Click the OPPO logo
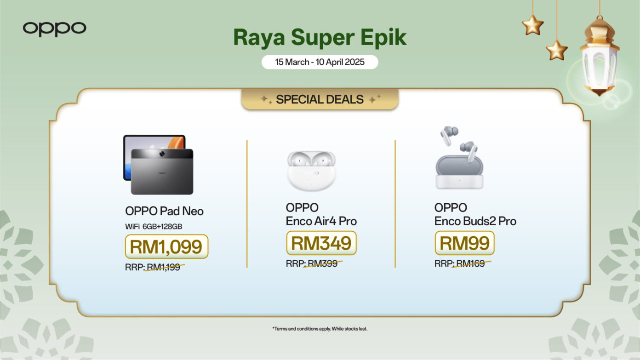click(x=54, y=29)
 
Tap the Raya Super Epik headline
click(x=320, y=38)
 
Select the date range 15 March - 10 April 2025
click(x=320, y=62)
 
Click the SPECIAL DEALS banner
click(x=320, y=99)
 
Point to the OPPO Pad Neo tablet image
click(x=159, y=165)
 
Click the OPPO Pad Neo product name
click(x=164, y=211)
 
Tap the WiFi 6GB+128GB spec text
click(x=154, y=226)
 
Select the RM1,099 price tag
click(x=166, y=246)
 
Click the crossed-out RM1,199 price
click(x=163, y=267)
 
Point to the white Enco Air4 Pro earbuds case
click(x=311, y=171)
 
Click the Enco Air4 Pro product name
click(x=321, y=214)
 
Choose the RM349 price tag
click(x=321, y=243)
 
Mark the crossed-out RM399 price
click(x=322, y=263)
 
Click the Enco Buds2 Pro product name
click(x=475, y=214)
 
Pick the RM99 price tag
click(x=464, y=243)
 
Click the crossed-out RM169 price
click(x=470, y=264)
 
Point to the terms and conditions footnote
click(x=320, y=329)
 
